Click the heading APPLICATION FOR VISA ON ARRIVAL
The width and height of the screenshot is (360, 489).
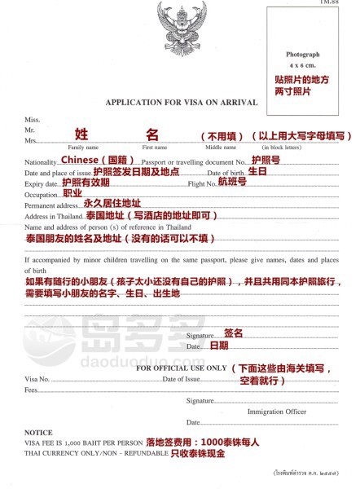point(181,103)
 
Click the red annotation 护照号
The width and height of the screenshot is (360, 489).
point(266,160)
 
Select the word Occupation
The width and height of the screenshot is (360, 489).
point(42,195)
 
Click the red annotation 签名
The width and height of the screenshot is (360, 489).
point(234,333)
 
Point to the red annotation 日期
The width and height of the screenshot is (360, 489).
point(220,346)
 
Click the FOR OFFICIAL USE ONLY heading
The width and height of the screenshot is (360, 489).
point(180,368)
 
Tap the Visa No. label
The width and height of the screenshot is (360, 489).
point(37,379)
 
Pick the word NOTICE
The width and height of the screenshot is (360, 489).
point(38,432)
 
